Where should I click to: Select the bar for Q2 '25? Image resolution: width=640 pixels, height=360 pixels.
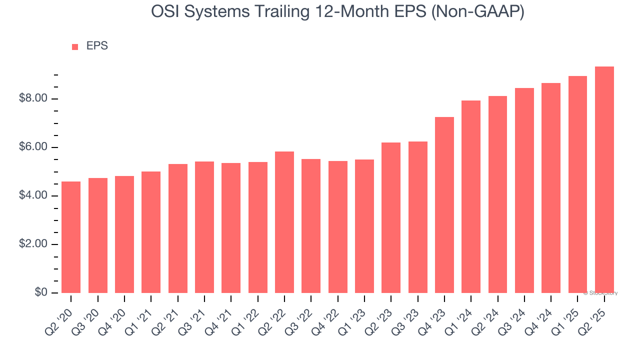[604, 180]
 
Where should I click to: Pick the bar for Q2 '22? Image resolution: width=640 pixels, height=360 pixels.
[284, 222]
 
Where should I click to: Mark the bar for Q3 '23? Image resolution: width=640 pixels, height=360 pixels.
[417, 217]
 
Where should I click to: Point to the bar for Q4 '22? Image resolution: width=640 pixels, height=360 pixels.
[337, 227]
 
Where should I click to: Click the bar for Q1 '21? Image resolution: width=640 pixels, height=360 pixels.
[151, 232]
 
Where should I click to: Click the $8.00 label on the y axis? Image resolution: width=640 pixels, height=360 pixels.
[33, 98]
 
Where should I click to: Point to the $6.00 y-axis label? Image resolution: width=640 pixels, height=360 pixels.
[33, 147]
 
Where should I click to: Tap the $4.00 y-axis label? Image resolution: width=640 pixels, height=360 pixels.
[33, 196]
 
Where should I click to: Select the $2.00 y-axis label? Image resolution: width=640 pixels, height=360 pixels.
[33, 244]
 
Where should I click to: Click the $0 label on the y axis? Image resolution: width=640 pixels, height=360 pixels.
[41, 292]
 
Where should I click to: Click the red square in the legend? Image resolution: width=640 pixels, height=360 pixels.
[75, 46]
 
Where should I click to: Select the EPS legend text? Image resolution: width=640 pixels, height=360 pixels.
[97, 46]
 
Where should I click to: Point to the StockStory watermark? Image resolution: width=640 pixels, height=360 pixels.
[600, 293]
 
